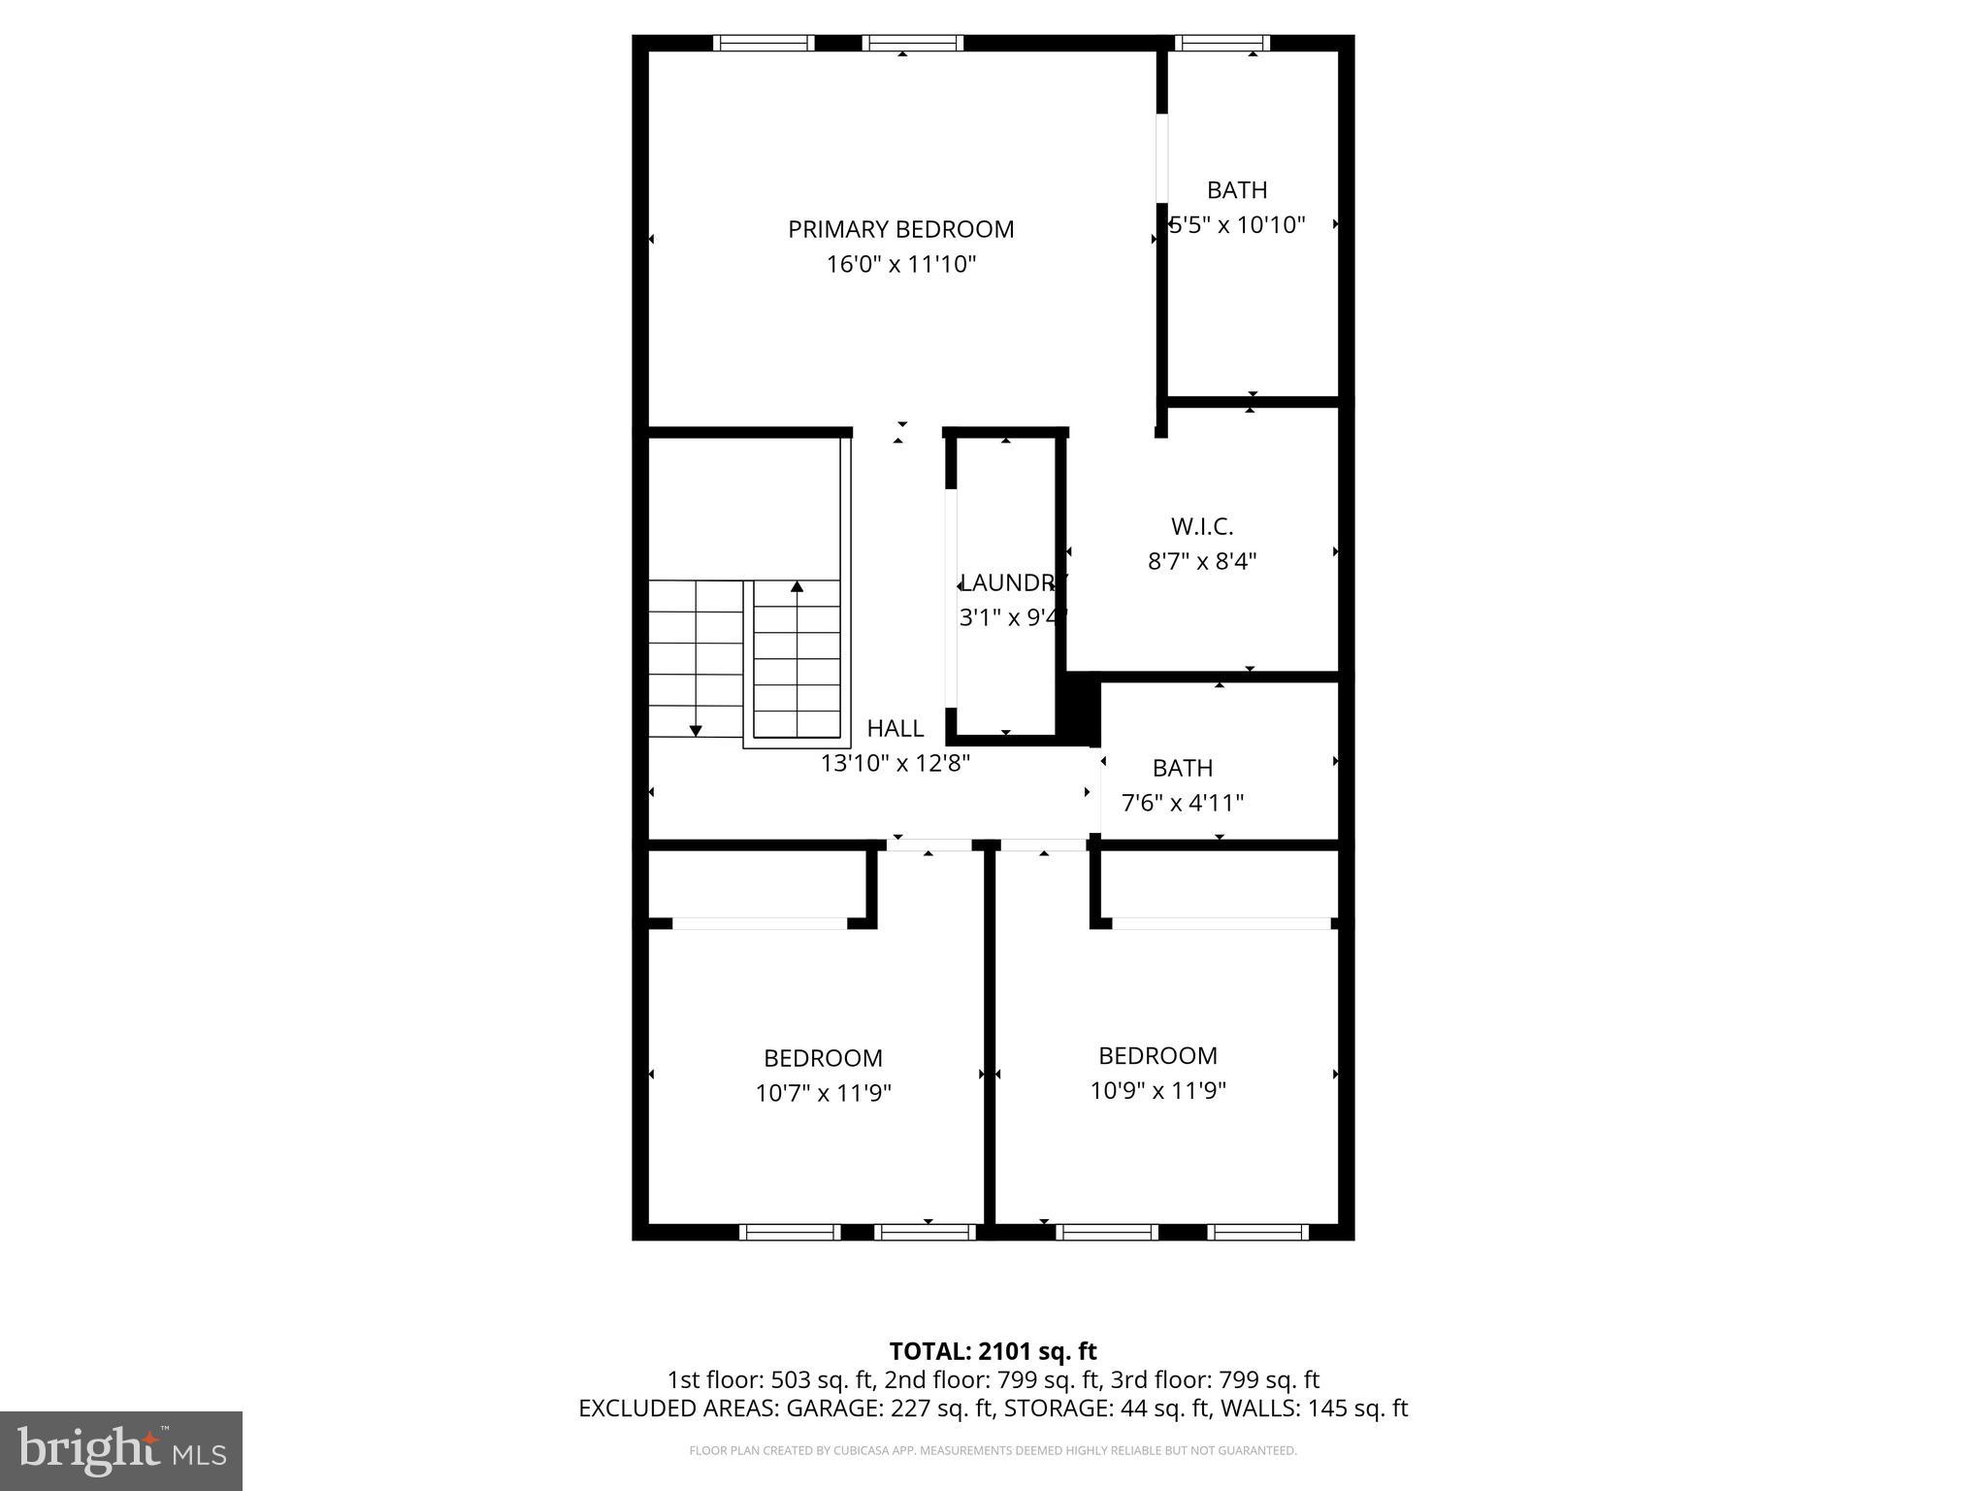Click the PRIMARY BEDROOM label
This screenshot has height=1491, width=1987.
(x=900, y=229)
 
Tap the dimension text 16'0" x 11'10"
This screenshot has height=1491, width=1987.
(x=900, y=264)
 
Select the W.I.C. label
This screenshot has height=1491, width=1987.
(x=1202, y=526)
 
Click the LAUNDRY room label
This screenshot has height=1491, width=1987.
(x=1012, y=582)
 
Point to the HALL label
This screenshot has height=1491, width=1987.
(x=895, y=728)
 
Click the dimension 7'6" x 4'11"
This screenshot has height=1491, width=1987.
(x=1183, y=803)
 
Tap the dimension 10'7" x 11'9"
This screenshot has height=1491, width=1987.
(x=823, y=1093)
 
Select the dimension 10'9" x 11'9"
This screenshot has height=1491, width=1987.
(x=1157, y=1090)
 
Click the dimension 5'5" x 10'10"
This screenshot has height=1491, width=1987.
(x=1238, y=225)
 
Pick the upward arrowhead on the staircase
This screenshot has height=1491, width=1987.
(x=797, y=586)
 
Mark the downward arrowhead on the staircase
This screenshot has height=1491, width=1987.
(x=696, y=730)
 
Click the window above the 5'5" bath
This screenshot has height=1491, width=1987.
(x=1222, y=43)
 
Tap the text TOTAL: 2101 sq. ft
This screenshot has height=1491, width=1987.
(x=993, y=1351)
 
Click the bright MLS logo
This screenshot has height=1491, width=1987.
(x=120, y=1450)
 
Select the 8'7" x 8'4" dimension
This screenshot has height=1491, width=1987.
(x=1202, y=561)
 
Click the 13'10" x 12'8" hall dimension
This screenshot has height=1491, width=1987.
(x=895, y=764)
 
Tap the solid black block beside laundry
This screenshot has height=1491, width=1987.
(x=1078, y=711)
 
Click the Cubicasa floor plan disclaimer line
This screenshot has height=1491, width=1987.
(x=993, y=1451)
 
